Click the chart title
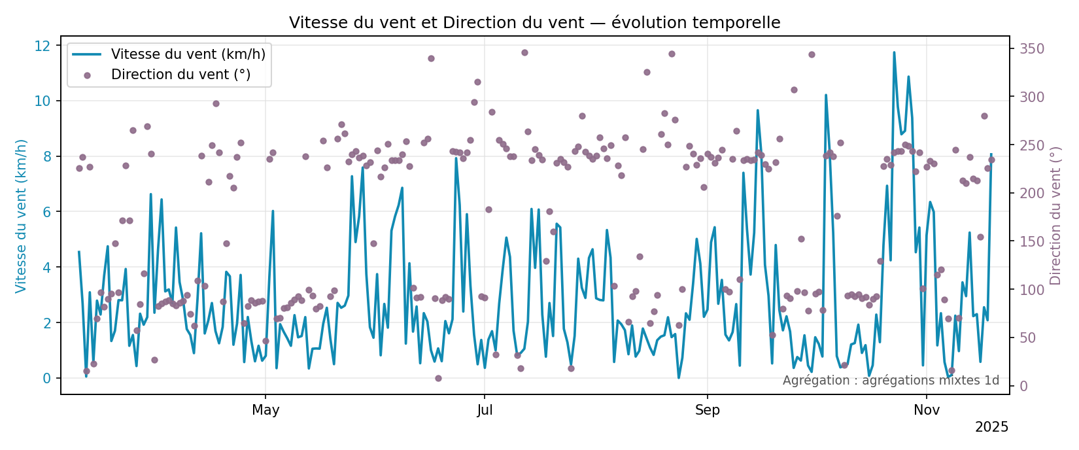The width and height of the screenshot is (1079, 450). coord(534,23)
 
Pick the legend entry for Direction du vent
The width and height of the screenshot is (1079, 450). coord(180,75)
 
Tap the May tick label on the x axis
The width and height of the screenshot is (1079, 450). coord(265,410)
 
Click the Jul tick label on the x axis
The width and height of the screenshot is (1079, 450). coord(485,410)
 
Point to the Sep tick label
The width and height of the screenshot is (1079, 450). coord(707,410)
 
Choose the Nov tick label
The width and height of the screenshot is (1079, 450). coord(927,410)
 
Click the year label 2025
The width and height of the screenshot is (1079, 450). coord(991,427)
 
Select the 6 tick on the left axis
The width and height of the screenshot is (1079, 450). coord(46,212)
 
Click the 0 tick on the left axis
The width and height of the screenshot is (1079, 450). coord(46,378)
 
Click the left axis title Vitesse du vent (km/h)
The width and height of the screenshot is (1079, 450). coord(22,216)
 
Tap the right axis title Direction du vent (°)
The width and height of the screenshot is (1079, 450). coord(1055,216)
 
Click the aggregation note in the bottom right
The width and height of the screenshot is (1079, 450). coord(891,381)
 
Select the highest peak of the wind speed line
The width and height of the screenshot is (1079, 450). coord(894,52)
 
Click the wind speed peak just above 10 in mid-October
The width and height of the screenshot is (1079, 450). coord(826,95)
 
